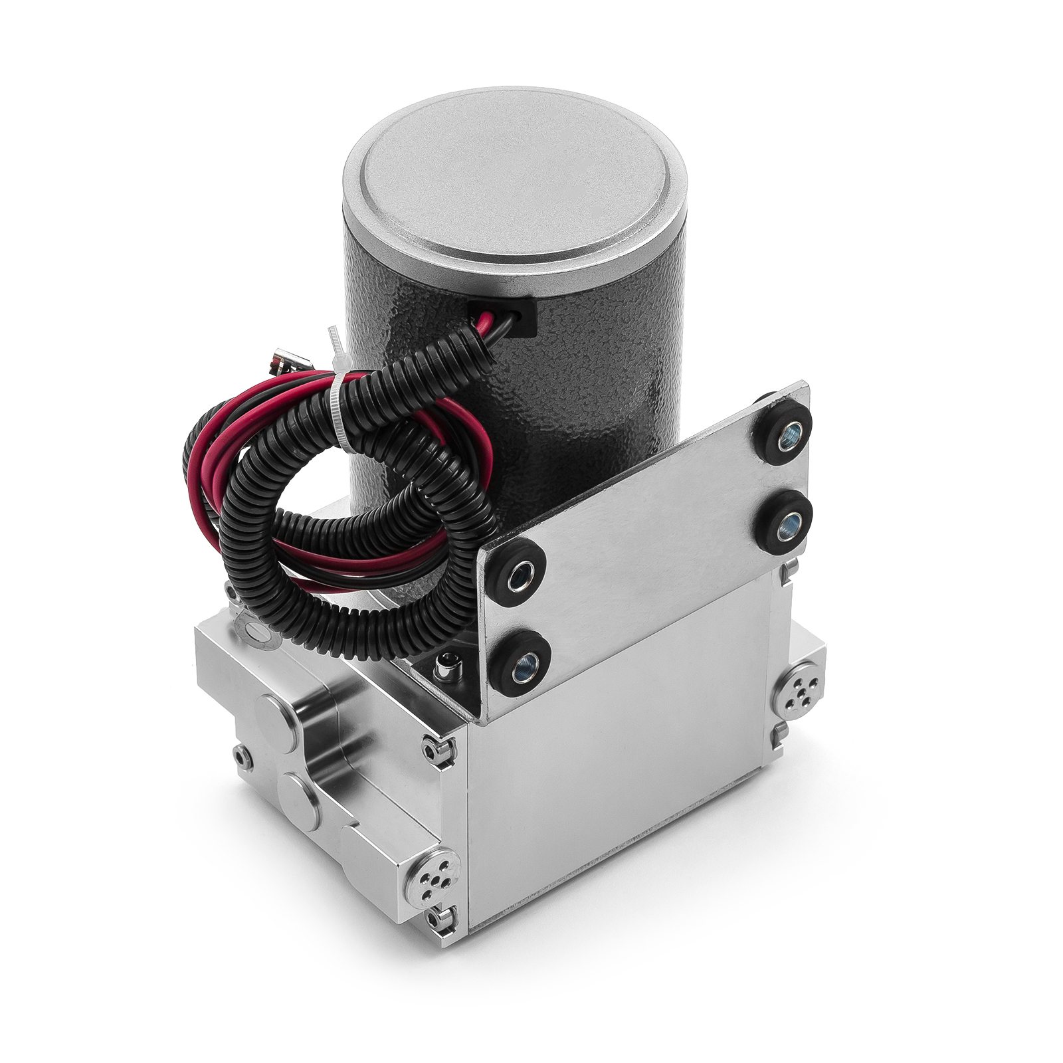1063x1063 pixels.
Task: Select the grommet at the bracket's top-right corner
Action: [783, 431]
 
